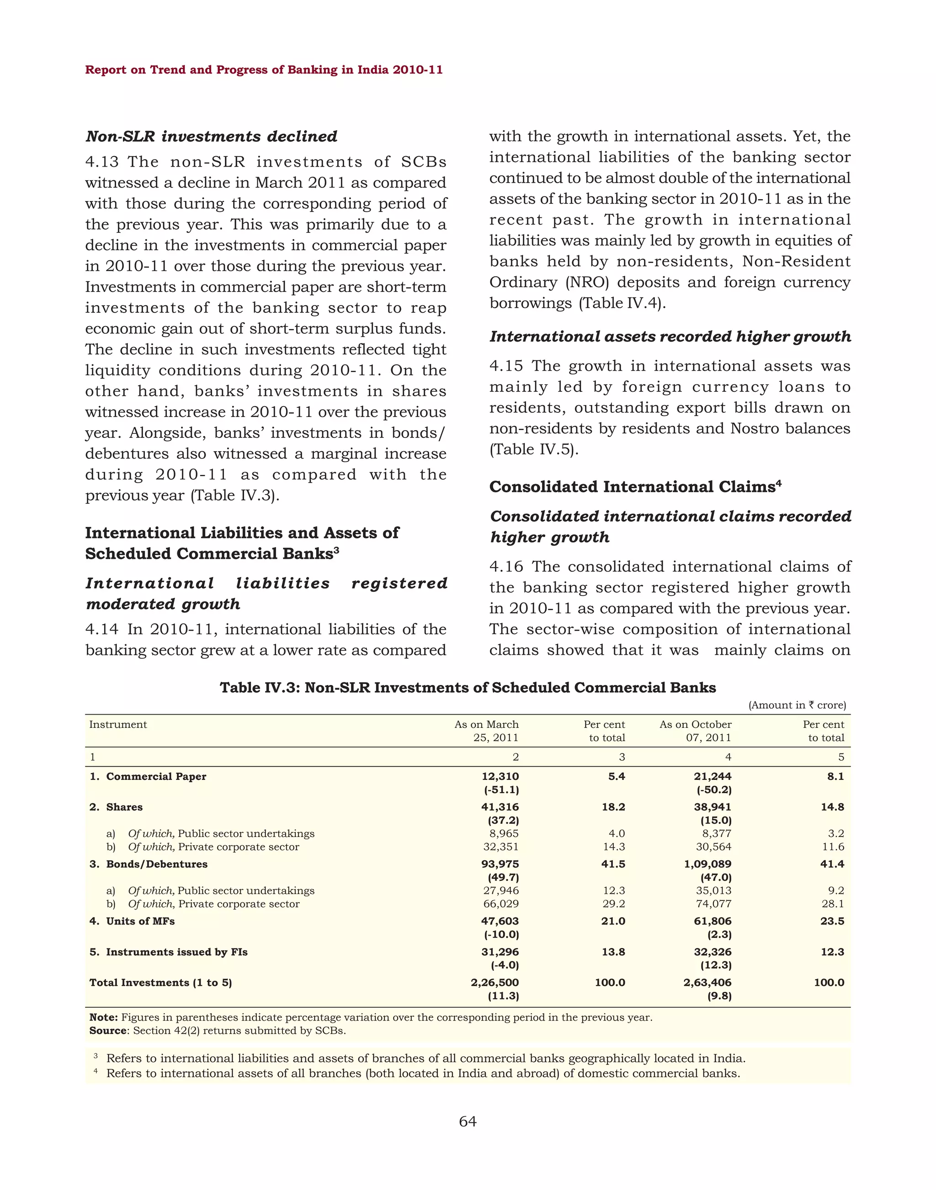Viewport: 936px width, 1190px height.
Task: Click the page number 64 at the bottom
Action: [x=468, y=1121]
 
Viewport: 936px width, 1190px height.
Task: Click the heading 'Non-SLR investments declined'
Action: [x=211, y=137]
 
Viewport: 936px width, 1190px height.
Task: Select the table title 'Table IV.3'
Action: [x=468, y=687]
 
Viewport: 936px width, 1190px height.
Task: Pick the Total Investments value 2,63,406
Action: [x=707, y=982]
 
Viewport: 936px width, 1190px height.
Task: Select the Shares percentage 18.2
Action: [x=613, y=807]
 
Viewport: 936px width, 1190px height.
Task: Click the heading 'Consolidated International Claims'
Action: [x=632, y=487]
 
